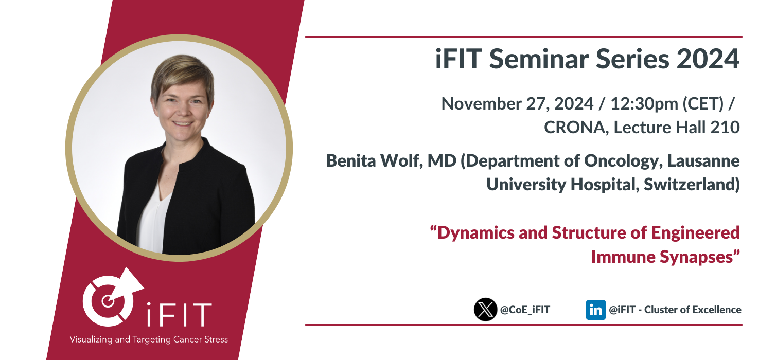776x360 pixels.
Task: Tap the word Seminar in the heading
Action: [539, 59]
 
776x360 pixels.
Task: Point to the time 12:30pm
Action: [644, 104]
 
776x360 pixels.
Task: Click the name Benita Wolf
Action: [374, 161]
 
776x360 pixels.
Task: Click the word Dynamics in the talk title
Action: [475, 233]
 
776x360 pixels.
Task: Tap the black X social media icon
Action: [485, 310]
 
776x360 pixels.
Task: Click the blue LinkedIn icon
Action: [596, 310]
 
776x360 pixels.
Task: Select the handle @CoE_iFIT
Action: [525, 310]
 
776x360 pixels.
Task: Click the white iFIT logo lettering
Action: [179, 315]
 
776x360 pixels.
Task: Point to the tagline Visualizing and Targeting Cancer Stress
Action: [149, 339]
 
